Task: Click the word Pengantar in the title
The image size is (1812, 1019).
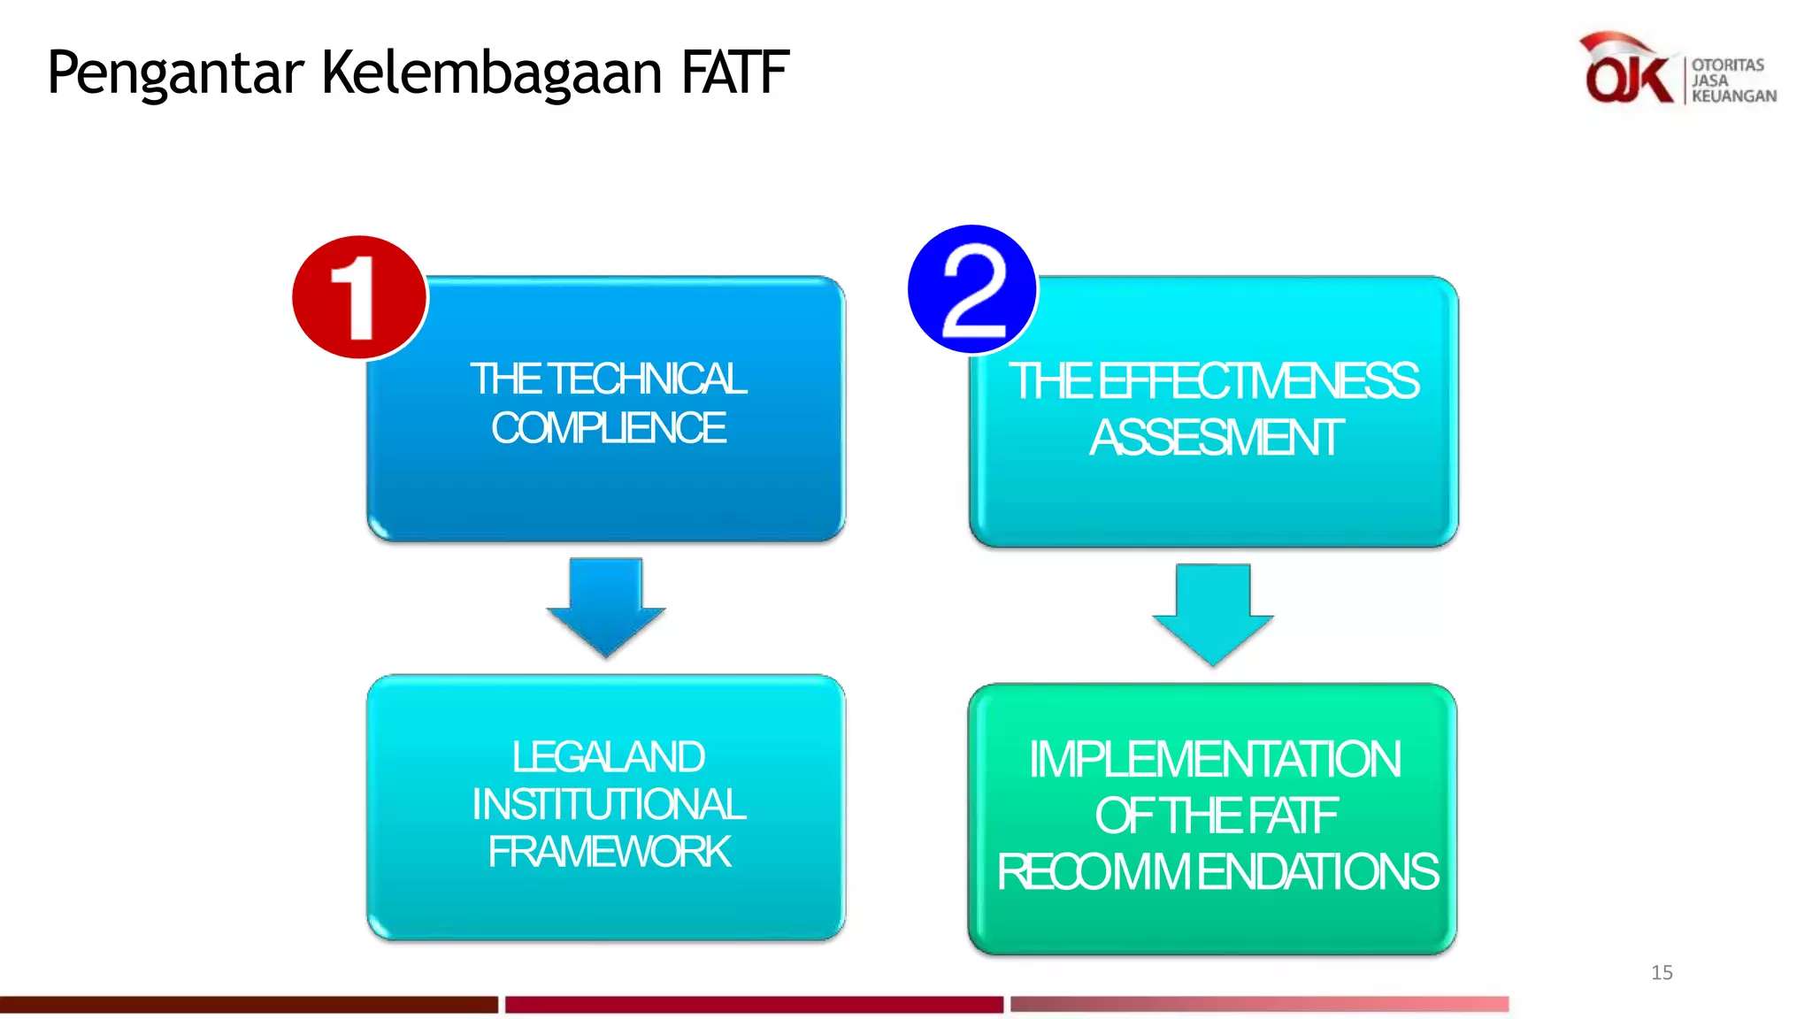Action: point(175,73)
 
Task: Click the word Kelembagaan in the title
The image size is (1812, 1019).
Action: point(491,73)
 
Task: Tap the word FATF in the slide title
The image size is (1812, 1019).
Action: point(734,73)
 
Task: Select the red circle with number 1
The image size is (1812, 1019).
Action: point(359,297)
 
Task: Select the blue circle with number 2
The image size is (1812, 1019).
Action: point(972,289)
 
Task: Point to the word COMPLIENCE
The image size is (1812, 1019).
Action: point(609,428)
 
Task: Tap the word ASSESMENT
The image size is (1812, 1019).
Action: point(1216,438)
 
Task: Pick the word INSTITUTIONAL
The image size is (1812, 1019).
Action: point(609,805)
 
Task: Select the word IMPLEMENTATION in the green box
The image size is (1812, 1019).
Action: point(1214,760)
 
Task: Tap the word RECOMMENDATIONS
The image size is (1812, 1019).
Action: point(1217,872)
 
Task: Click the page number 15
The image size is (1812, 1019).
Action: point(1662,973)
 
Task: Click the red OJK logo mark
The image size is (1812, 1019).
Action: point(1626,71)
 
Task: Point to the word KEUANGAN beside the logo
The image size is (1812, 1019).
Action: point(1733,96)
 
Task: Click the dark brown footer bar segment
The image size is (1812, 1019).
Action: point(249,1004)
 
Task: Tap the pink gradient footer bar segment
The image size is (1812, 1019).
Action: point(1259,1004)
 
